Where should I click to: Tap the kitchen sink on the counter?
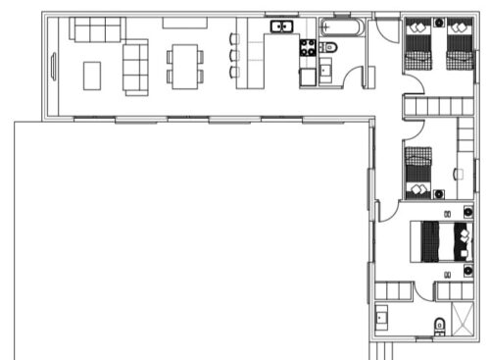[282, 26]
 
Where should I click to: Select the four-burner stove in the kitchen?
[308, 47]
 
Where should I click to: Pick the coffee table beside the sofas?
[93, 75]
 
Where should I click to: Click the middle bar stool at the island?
[234, 56]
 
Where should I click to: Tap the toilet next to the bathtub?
[329, 47]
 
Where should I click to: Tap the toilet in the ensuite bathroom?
[437, 326]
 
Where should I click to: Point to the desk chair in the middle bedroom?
[458, 174]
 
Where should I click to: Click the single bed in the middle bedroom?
[418, 170]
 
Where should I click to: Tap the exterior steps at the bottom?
[385, 350]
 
